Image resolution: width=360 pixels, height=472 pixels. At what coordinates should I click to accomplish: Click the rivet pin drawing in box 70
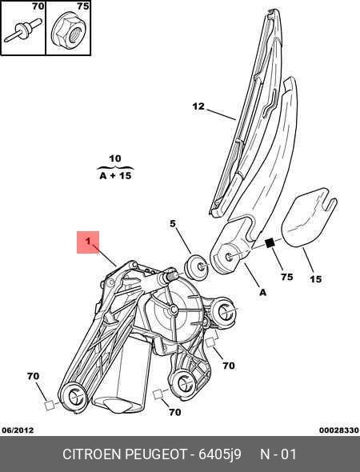pos(22,30)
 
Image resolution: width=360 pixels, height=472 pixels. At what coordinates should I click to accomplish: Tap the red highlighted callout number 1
pos(88,242)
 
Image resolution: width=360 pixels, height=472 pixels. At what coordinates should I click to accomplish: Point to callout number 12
pos(198,106)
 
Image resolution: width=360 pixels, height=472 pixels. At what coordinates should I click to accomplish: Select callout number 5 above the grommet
pos(173,224)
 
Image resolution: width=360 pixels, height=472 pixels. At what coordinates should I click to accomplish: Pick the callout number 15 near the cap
pos(316,279)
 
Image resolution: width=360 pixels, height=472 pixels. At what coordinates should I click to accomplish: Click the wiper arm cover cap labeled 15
pos(309,217)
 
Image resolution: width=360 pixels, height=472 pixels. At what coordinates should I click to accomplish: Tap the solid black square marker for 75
pos(270,242)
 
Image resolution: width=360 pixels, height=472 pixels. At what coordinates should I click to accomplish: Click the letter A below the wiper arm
pos(262,292)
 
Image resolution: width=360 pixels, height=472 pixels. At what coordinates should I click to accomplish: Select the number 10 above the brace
pos(114,158)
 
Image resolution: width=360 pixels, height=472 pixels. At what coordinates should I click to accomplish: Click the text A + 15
pos(115,175)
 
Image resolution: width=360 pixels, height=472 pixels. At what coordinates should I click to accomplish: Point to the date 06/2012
pos(18,430)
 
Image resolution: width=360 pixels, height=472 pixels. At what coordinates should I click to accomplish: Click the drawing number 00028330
pos(339,430)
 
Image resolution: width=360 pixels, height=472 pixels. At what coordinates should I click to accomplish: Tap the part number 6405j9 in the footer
pos(220,454)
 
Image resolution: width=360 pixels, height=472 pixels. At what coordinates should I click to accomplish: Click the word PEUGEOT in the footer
pos(156,454)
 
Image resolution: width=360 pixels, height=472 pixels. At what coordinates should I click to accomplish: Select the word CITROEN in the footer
pos(92,454)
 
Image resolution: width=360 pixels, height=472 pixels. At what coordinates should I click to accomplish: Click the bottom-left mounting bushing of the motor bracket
pos(74,397)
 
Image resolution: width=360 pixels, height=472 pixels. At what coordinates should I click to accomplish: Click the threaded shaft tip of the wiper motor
pos(173,275)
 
